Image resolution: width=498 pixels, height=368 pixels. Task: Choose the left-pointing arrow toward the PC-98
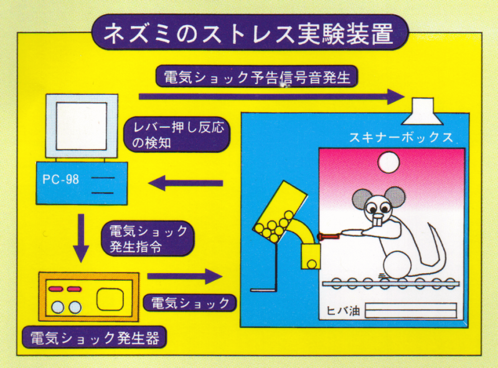186,183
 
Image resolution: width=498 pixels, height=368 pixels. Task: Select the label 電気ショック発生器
93,338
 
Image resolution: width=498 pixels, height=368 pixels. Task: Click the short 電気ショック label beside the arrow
190,303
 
